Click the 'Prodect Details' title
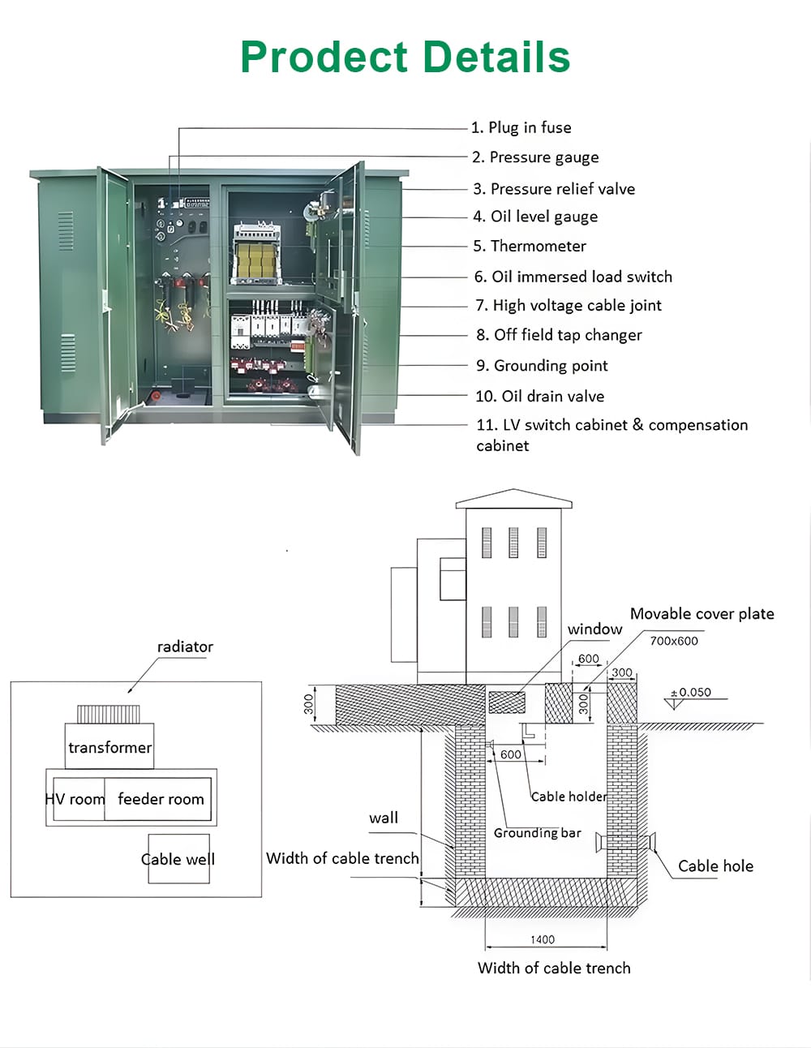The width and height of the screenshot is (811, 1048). (x=405, y=58)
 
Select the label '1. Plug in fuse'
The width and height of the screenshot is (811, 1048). (x=521, y=127)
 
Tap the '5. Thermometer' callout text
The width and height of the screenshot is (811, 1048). (x=530, y=246)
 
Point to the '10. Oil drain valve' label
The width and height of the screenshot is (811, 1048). (x=539, y=396)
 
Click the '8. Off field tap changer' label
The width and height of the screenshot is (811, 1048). (x=559, y=335)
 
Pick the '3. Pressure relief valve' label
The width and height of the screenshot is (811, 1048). (x=554, y=189)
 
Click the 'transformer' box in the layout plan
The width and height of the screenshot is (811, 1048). (x=109, y=747)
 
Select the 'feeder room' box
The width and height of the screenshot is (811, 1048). (x=160, y=799)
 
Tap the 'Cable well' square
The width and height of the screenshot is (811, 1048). (x=178, y=859)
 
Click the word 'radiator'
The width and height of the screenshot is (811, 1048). (x=185, y=646)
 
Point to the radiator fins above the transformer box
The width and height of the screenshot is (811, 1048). (x=109, y=714)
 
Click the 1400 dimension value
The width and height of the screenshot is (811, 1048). (x=543, y=939)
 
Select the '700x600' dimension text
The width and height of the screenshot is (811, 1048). (x=673, y=641)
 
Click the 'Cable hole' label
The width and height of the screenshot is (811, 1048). (x=715, y=866)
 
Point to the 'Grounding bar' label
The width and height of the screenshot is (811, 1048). (x=537, y=833)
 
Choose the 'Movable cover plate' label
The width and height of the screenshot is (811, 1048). (x=702, y=614)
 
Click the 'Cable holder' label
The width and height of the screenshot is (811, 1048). (x=569, y=797)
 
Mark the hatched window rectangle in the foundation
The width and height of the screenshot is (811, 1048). (x=507, y=702)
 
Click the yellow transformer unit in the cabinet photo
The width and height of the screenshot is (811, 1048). (x=255, y=259)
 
